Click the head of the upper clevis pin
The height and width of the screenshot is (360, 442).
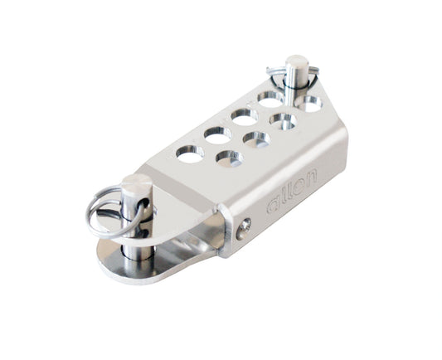pos(296,63)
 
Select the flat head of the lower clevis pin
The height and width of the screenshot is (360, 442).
pos(136,184)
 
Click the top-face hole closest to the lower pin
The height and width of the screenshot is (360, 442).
pos(189,153)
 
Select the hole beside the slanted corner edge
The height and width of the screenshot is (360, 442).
pos(308,105)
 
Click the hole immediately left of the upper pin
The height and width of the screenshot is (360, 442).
pos(270,100)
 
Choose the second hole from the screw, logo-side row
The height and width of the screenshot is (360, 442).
pos(255,140)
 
